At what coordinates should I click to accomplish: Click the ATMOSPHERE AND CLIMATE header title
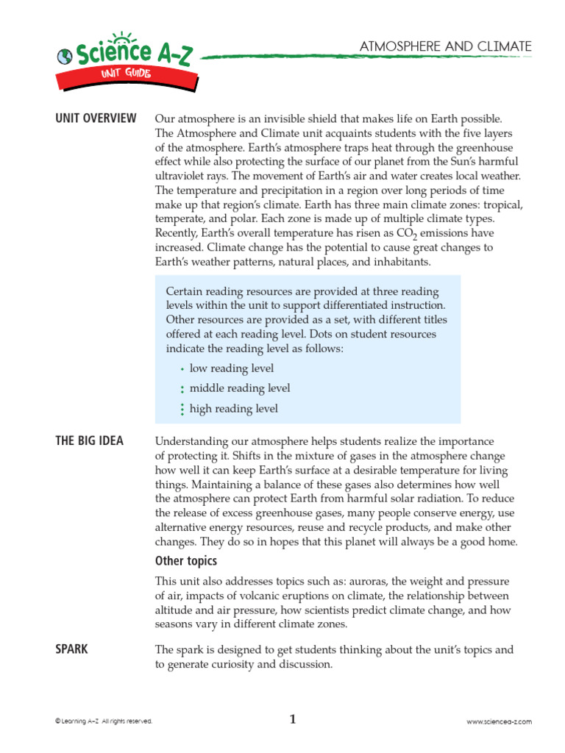(x=445, y=47)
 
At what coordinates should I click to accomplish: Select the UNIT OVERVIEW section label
(x=96, y=118)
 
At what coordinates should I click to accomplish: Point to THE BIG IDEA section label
(x=90, y=441)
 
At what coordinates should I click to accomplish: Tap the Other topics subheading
(x=186, y=561)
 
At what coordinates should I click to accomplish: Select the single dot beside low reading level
(x=181, y=369)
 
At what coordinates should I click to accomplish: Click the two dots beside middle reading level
(x=181, y=389)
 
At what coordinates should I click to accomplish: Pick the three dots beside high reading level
(x=181, y=410)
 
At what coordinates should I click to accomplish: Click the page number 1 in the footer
(x=292, y=720)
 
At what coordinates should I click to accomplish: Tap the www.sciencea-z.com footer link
(x=499, y=722)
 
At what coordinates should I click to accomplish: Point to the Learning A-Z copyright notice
(x=104, y=722)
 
